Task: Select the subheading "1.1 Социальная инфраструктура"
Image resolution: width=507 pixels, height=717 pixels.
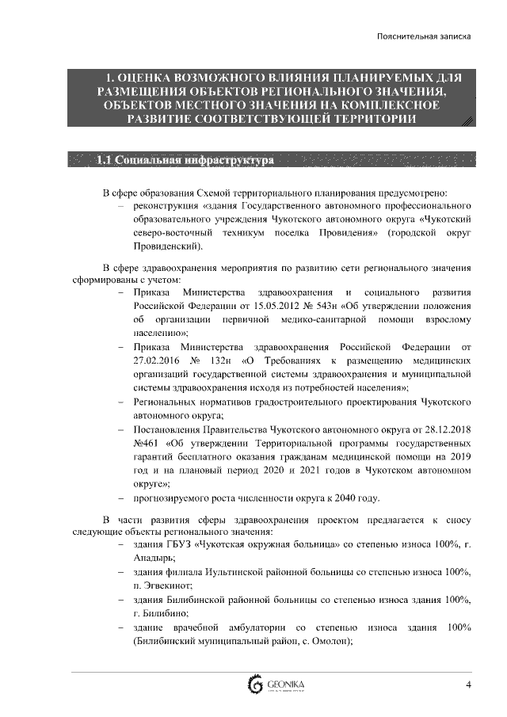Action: [x=184, y=162]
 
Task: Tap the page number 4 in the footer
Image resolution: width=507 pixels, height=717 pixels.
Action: [x=468, y=685]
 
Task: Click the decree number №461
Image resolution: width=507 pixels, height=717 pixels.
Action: [x=147, y=442]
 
